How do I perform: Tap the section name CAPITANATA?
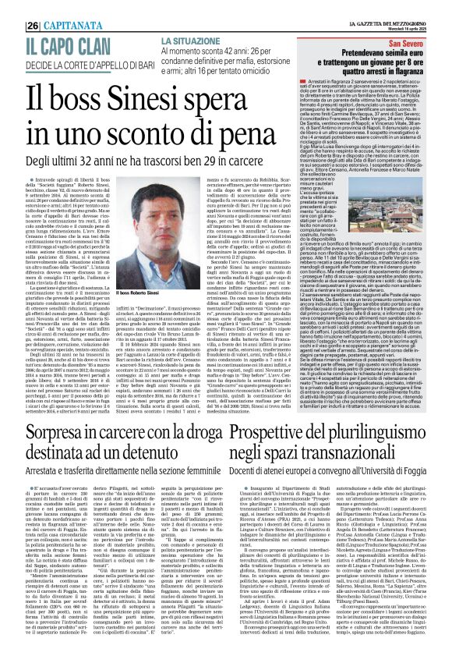point(74,24)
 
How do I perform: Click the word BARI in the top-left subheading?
point(136,60)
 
